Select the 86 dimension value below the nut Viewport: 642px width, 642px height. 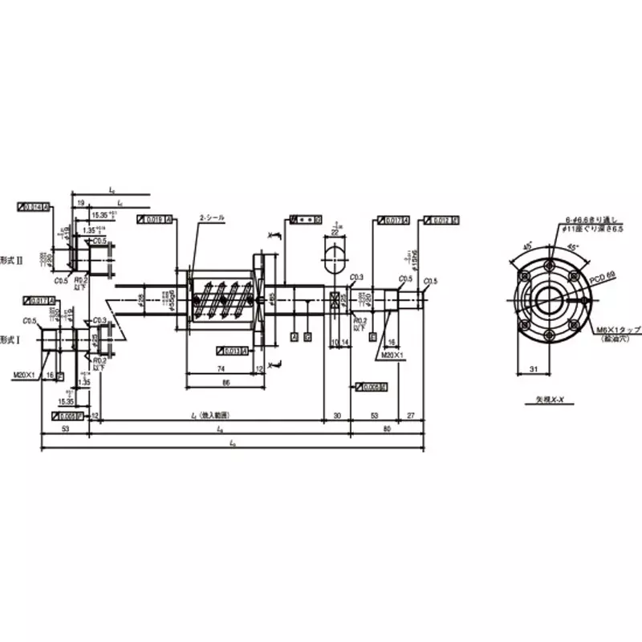(226, 384)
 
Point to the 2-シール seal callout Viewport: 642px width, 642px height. (212, 218)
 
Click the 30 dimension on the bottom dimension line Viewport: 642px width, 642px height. (336, 416)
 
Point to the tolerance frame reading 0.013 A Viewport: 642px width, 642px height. (231, 351)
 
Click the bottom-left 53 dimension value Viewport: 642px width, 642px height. (63, 429)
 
